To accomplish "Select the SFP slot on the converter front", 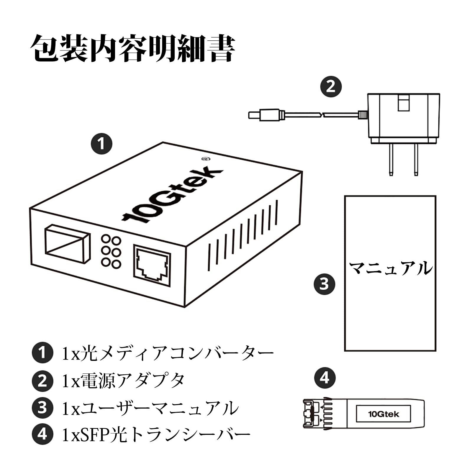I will [67, 244].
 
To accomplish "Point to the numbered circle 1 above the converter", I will [101, 144].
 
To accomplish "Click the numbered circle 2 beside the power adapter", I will [331, 87].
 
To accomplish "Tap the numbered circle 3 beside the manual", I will [324, 284].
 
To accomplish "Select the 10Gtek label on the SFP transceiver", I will [383, 414].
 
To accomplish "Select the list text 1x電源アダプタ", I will [123, 380].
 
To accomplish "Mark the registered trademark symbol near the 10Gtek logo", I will [204, 158].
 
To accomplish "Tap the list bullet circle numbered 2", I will [42, 381].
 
